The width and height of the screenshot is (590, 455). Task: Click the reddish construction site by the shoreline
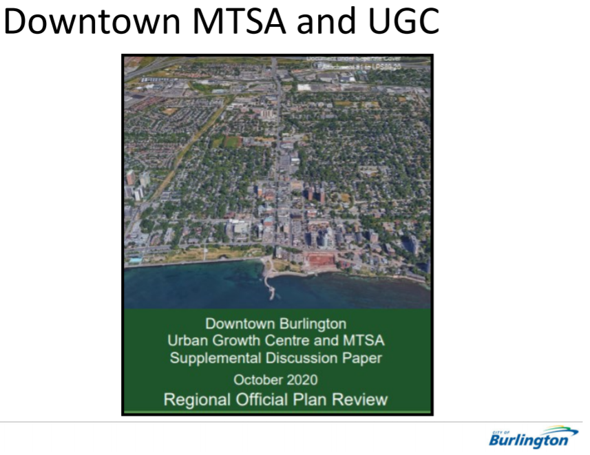[x=319, y=260]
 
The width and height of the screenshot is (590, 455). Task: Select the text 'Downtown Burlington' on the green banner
[x=275, y=324]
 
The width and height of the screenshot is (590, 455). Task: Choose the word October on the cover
[x=257, y=379]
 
